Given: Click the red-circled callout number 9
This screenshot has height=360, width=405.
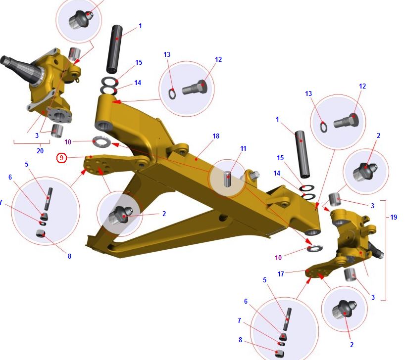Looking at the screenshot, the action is [x=61, y=158].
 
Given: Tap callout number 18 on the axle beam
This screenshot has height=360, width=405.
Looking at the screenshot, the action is [x=216, y=136].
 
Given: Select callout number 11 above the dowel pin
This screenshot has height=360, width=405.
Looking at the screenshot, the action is [x=243, y=148].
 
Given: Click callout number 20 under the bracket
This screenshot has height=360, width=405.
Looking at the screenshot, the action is [x=40, y=151].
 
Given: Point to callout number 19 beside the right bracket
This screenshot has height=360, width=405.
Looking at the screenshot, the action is [x=394, y=217].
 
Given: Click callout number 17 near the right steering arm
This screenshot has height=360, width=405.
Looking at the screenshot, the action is [x=281, y=274].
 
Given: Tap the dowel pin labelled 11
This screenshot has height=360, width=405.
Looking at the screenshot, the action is [x=228, y=179].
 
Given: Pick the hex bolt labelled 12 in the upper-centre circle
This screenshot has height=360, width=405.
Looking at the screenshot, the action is [x=195, y=88].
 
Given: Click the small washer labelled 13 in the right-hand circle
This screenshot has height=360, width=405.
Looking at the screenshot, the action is [x=323, y=127].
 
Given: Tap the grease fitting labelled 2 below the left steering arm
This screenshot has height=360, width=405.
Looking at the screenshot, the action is [x=121, y=215].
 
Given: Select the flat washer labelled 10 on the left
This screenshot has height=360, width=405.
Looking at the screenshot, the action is [x=102, y=141].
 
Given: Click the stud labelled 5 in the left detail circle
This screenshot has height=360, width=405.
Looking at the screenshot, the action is [x=49, y=199].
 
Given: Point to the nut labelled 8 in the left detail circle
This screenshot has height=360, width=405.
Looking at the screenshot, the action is [x=41, y=233].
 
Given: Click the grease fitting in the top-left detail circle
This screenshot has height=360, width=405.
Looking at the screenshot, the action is [x=80, y=19].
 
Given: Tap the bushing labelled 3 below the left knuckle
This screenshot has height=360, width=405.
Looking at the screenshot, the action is [x=57, y=131].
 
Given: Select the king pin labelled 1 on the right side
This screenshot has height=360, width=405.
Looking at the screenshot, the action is [x=303, y=154].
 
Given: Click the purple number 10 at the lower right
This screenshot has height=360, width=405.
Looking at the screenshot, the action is [x=278, y=258].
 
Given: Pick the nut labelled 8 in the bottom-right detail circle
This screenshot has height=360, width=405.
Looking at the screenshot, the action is [x=280, y=353].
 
